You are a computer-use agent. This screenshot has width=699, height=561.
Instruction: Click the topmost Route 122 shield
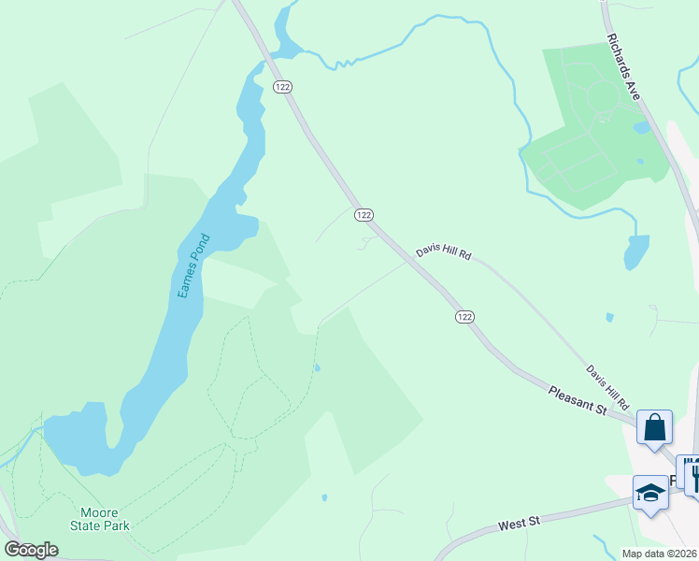283,86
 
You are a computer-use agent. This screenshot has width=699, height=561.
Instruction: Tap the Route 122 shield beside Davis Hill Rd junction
364,215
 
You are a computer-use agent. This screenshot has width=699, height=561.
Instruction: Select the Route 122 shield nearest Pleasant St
464,317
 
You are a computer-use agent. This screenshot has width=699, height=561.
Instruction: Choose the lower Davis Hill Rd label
607,385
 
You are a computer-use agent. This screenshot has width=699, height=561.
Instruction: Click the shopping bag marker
655,427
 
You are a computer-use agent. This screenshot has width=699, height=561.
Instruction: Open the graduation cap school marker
649,493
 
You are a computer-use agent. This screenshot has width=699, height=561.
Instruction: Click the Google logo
31,549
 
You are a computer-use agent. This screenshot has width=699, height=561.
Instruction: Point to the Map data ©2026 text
658,553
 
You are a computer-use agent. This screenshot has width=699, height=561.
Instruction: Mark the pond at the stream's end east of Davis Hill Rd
636,252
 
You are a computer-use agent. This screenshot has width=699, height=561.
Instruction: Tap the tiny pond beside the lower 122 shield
317,367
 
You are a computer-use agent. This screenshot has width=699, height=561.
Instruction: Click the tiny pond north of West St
323,497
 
